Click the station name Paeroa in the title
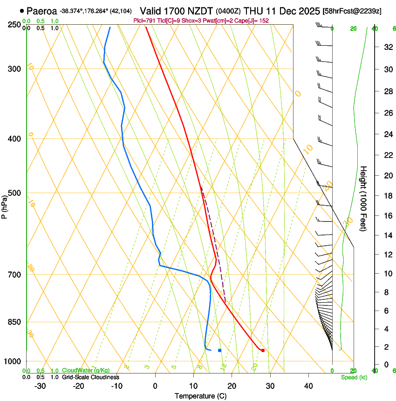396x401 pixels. click(42, 11)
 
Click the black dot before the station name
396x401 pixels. click(22, 11)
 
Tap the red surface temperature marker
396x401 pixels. click(263, 350)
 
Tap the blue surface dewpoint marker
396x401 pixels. click(219, 350)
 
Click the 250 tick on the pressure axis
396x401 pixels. click(15, 24)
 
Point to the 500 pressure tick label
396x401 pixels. click(15, 193)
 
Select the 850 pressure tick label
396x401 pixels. click(15, 322)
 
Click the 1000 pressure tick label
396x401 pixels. click(13, 361)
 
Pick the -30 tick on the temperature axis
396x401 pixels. click(40, 386)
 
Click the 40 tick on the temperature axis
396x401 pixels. click(308, 386)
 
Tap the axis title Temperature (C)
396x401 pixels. click(200, 396)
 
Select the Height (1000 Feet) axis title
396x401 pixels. click(363, 199)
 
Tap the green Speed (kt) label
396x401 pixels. click(354, 377)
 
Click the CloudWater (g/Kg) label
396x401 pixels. click(86, 371)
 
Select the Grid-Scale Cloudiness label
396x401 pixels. click(91, 377)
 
